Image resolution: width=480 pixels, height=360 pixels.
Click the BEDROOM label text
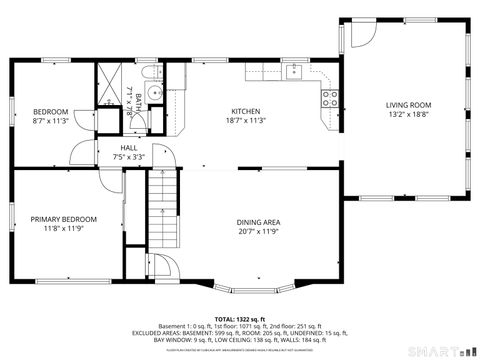[50, 111]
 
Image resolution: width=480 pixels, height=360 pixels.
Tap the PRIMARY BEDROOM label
[63, 219]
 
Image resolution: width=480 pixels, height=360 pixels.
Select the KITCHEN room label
[246, 111]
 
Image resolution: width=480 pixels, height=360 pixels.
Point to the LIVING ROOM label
[409, 105]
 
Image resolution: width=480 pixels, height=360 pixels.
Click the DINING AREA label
[257, 222]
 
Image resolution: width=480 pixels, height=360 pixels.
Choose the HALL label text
[130, 146]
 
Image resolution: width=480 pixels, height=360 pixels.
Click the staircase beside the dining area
[162, 210]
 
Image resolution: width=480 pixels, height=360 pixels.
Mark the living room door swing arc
[360, 35]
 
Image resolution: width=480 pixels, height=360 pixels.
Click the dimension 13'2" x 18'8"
[409, 115]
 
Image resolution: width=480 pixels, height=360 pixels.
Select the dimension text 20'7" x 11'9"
[257, 232]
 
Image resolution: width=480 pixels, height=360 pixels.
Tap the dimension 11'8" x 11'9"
[63, 229]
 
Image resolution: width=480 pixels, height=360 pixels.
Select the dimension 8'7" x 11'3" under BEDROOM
[50, 121]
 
